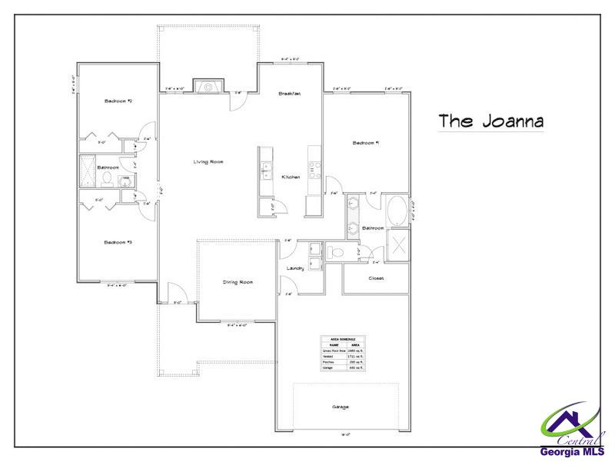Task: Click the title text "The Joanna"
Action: (491, 121)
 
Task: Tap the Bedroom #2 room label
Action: (120, 101)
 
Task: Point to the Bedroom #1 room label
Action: (367, 143)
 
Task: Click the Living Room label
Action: (208, 161)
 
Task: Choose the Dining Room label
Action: (238, 282)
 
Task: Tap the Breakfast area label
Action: (289, 93)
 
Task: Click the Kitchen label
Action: (291, 177)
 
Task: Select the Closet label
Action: (377, 278)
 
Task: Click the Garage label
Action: (340, 406)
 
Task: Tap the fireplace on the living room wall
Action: (208, 87)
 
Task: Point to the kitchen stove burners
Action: (314, 169)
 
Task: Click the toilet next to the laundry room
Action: (337, 252)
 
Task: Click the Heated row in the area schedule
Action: (343, 357)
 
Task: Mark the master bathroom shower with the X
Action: (400, 247)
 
